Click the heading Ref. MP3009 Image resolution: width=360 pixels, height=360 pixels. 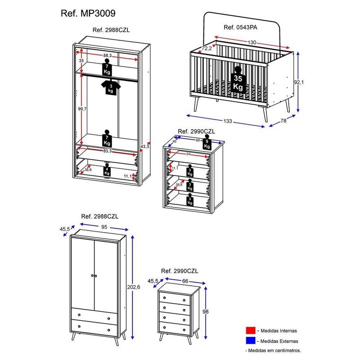[x=84, y=13]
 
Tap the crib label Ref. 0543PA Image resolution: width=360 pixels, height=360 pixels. [x=241, y=27]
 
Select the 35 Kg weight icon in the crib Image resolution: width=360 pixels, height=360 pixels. [x=238, y=81]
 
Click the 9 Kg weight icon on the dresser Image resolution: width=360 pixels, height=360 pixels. [x=207, y=144]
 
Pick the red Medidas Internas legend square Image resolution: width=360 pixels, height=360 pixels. [x=251, y=330]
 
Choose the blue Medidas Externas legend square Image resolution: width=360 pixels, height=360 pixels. [x=251, y=341]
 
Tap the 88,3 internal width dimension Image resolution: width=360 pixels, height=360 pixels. [x=108, y=55]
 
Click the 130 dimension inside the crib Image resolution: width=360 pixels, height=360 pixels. [x=252, y=42]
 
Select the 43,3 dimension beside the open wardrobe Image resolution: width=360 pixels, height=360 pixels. [x=145, y=147]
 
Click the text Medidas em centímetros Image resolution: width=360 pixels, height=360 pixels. [x=274, y=350]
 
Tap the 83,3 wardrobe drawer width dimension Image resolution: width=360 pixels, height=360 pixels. [x=107, y=151]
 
